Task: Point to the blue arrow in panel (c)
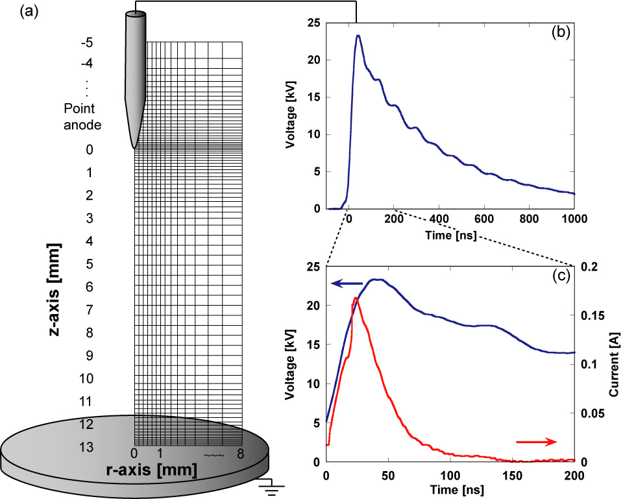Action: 347,282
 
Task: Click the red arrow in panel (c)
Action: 536,442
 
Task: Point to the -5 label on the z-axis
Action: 86,43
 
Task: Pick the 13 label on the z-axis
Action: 86,447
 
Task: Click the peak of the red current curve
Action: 355,298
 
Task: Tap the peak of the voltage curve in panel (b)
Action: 358,36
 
